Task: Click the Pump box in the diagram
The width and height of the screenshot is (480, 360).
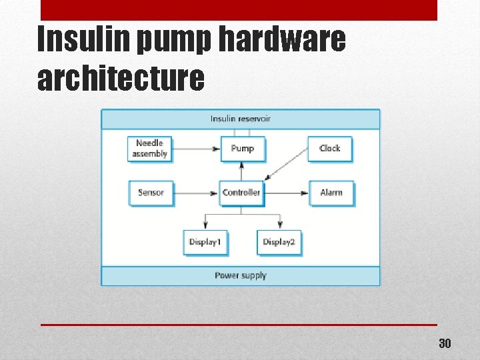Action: tap(242, 149)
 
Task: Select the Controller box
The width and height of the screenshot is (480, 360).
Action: tap(241, 193)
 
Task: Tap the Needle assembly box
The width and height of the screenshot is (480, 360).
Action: tap(149, 149)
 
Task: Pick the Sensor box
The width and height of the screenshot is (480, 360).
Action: tap(151, 193)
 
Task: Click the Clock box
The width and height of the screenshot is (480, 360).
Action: tap(329, 149)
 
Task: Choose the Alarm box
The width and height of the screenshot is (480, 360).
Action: tap(331, 193)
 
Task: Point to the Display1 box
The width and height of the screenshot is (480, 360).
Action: tap(205, 242)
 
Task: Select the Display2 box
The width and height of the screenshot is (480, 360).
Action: tap(279, 242)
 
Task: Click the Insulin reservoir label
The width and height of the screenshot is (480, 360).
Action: tap(241, 119)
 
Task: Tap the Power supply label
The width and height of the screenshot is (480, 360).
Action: tap(241, 275)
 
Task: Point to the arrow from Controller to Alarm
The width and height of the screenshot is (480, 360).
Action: tap(286, 193)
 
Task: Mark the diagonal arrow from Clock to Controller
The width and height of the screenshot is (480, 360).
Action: tap(287, 164)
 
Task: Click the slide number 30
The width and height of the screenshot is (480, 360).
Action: tap(445, 344)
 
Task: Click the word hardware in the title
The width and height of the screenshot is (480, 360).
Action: tap(282, 40)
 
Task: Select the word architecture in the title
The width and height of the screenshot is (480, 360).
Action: tap(121, 77)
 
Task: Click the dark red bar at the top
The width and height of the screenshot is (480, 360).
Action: tap(239, 9)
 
